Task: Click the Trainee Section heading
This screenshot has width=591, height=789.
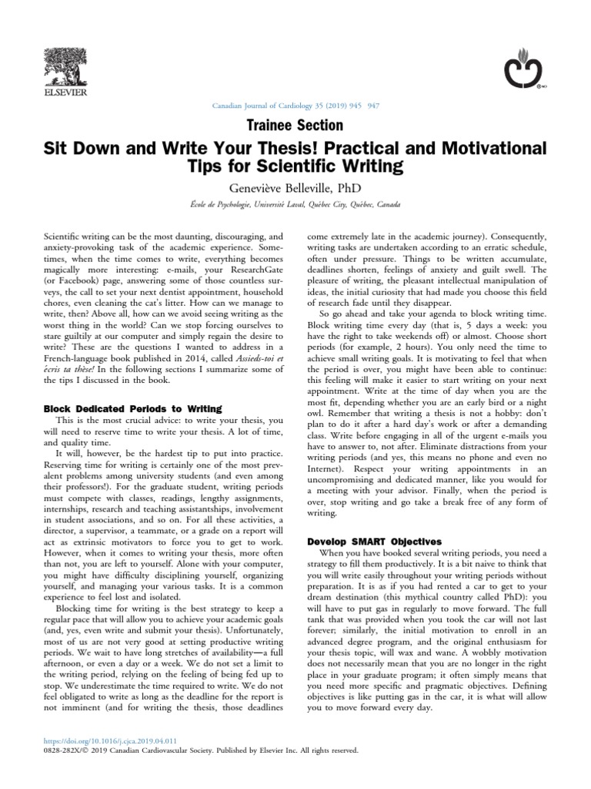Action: tap(295, 124)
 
